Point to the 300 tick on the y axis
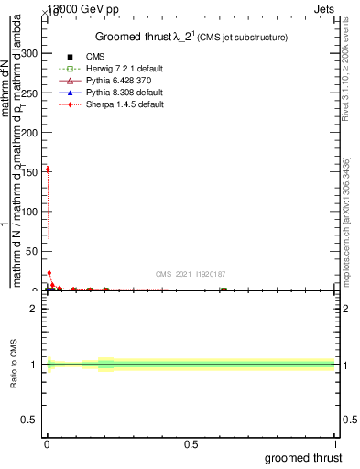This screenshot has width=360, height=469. [x=30, y=54]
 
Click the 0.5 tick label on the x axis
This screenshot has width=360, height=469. [x=191, y=444]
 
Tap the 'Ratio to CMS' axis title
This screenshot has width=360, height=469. [x=15, y=365]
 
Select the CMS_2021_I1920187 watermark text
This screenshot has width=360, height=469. [x=191, y=274]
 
